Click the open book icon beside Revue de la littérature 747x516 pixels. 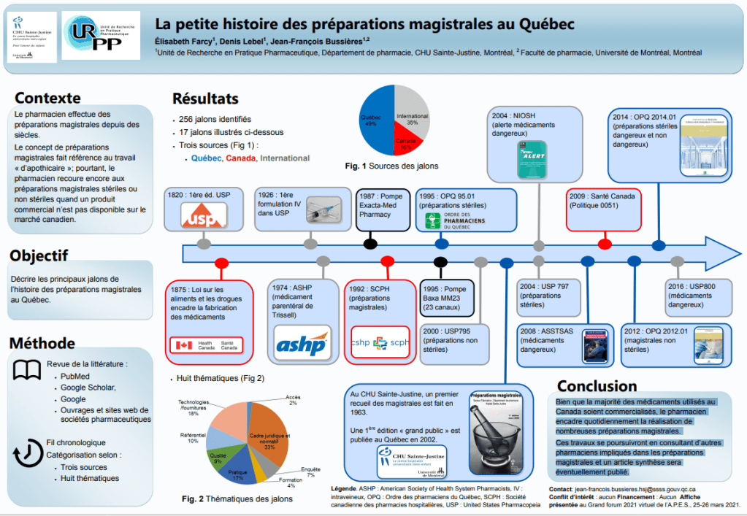coord(27,371)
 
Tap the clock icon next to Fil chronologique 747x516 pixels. coord(27,451)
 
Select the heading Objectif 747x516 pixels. coord(39,255)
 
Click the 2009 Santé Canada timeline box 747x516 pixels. coord(604,209)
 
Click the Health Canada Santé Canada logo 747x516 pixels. coord(206,345)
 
